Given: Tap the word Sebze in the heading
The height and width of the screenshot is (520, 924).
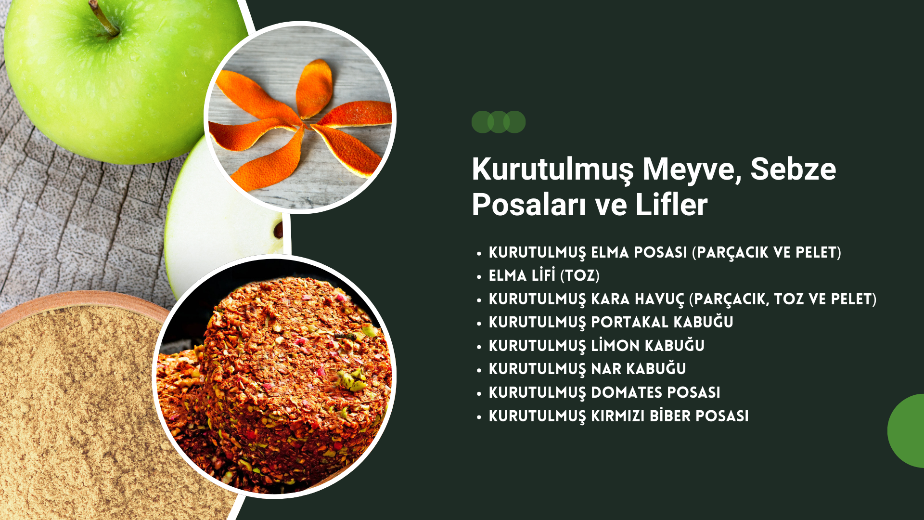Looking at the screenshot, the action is pos(793,169).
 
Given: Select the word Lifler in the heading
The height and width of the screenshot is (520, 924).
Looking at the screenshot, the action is pos(671,205).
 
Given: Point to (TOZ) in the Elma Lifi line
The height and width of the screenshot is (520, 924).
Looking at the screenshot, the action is pos(580,275).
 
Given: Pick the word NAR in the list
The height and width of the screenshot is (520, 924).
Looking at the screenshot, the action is pos(606,369).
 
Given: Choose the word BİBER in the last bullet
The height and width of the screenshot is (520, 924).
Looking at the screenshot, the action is pos(670,416).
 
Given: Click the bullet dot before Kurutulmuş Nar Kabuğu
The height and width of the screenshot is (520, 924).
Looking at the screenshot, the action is pos(479,370).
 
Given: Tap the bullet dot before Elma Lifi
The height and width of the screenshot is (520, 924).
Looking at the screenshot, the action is pos(479,277).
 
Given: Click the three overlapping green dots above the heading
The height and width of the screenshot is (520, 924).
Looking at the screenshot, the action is pos(499,122).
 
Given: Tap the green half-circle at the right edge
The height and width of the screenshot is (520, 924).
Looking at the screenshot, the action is pos(906,431).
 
